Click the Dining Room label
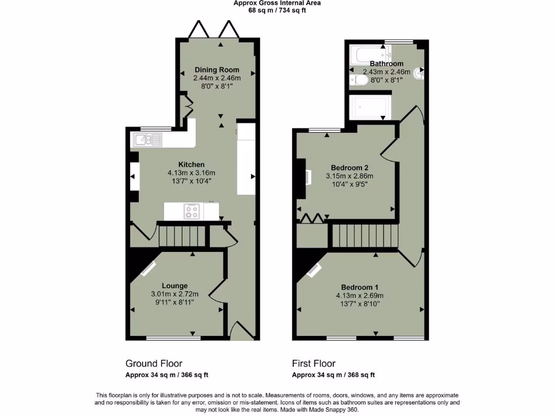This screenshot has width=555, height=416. tap(217, 70)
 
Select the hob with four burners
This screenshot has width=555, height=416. tap(192, 211)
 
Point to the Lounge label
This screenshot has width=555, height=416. tap(175, 285)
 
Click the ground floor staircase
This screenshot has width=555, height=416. tap(183, 236)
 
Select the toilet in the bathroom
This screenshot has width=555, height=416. tap(360, 80)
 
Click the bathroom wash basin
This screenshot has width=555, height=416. tap(420, 72)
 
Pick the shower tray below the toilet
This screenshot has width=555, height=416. tap(369, 107)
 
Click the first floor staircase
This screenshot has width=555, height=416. tap(364, 236)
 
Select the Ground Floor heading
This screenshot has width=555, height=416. tap(154, 363)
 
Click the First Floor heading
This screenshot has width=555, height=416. tap(314, 363)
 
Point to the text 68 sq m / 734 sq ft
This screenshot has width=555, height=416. tap(277, 10)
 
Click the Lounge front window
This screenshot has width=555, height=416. tap(173, 339)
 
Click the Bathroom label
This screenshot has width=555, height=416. tap(386, 64)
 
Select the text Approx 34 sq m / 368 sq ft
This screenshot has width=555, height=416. tap(333, 375)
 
